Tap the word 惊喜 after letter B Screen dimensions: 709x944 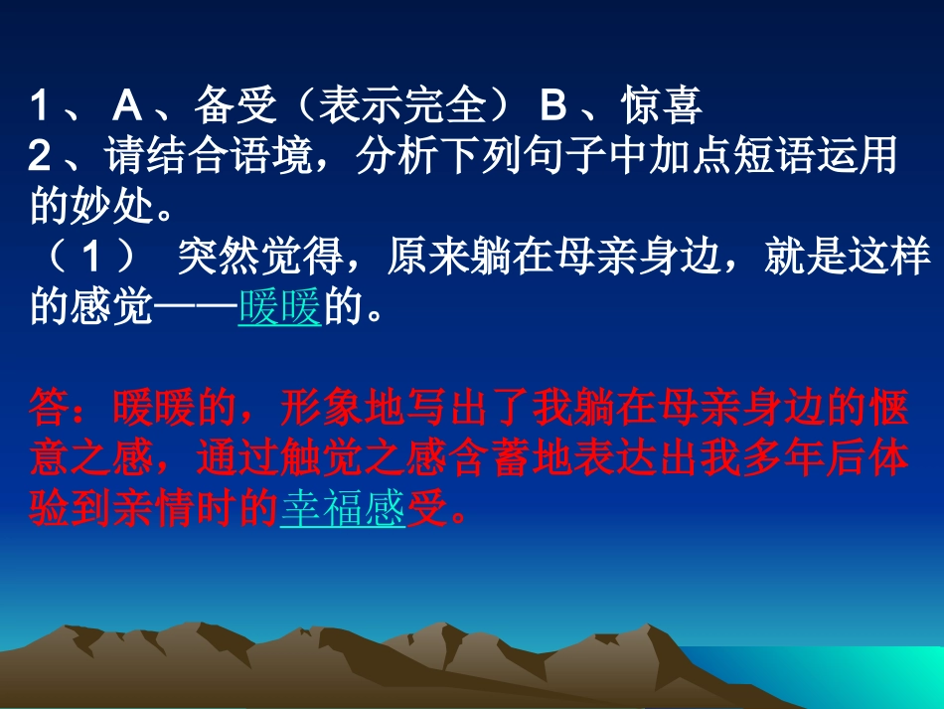point(663,105)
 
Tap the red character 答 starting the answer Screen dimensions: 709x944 point(51,409)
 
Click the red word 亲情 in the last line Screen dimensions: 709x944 point(154,509)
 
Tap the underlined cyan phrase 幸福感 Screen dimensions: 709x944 point(343,509)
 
